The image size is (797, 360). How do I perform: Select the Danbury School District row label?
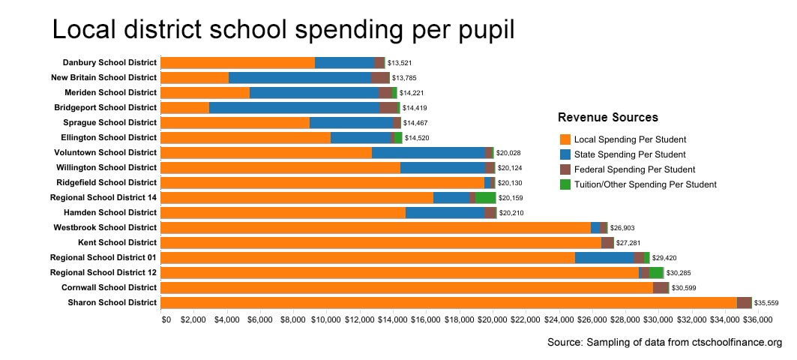[110, 62]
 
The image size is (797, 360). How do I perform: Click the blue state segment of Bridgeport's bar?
[294, 107]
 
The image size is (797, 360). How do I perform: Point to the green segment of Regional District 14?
[485, 197]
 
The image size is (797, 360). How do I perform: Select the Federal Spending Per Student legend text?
[634, 169]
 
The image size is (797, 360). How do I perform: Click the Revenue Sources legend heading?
[608, 118]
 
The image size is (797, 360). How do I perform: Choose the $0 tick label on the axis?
[166, 319]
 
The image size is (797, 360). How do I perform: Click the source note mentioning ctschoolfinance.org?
[665, 343]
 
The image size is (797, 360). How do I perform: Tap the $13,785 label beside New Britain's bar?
[406, 78]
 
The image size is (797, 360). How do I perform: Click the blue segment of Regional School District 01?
[604, 257]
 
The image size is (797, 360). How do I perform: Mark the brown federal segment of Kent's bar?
[607, 242]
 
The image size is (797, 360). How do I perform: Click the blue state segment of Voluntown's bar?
[428, 152]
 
